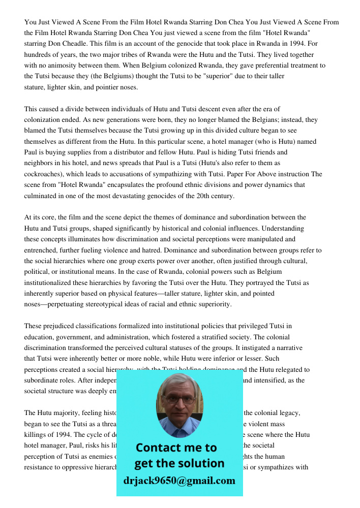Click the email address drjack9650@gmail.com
click(179, 481)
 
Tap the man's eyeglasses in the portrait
click(179, 400)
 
